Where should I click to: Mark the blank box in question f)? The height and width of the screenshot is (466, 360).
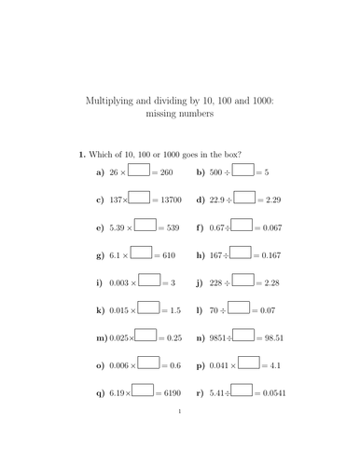(241, 226)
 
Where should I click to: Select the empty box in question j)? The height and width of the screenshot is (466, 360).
(242, 281)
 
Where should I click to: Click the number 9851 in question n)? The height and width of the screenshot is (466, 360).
(219, 336)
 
